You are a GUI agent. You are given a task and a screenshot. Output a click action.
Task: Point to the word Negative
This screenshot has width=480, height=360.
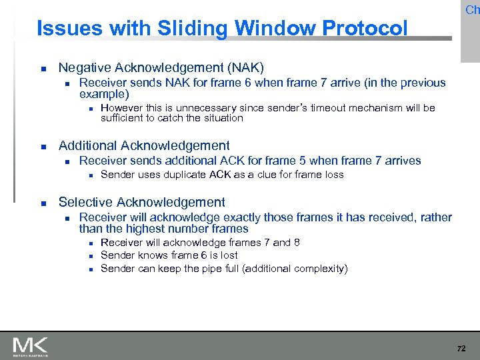[x=84, y=68]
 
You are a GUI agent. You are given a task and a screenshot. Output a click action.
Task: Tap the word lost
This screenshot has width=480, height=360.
[x=227, y=255]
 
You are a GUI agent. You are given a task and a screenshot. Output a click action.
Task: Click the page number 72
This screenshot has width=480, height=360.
[x=461, y=349]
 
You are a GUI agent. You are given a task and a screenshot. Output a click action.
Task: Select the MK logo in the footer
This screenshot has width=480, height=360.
[x=31, y=347]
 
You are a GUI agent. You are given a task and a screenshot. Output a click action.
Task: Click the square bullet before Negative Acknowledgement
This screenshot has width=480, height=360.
[x=42, y=69]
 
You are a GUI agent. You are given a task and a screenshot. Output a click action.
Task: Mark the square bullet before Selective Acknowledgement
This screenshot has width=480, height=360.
[x=42, y=203]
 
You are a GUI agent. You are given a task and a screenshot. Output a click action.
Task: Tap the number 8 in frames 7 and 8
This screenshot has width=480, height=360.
[x=297, y=242]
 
